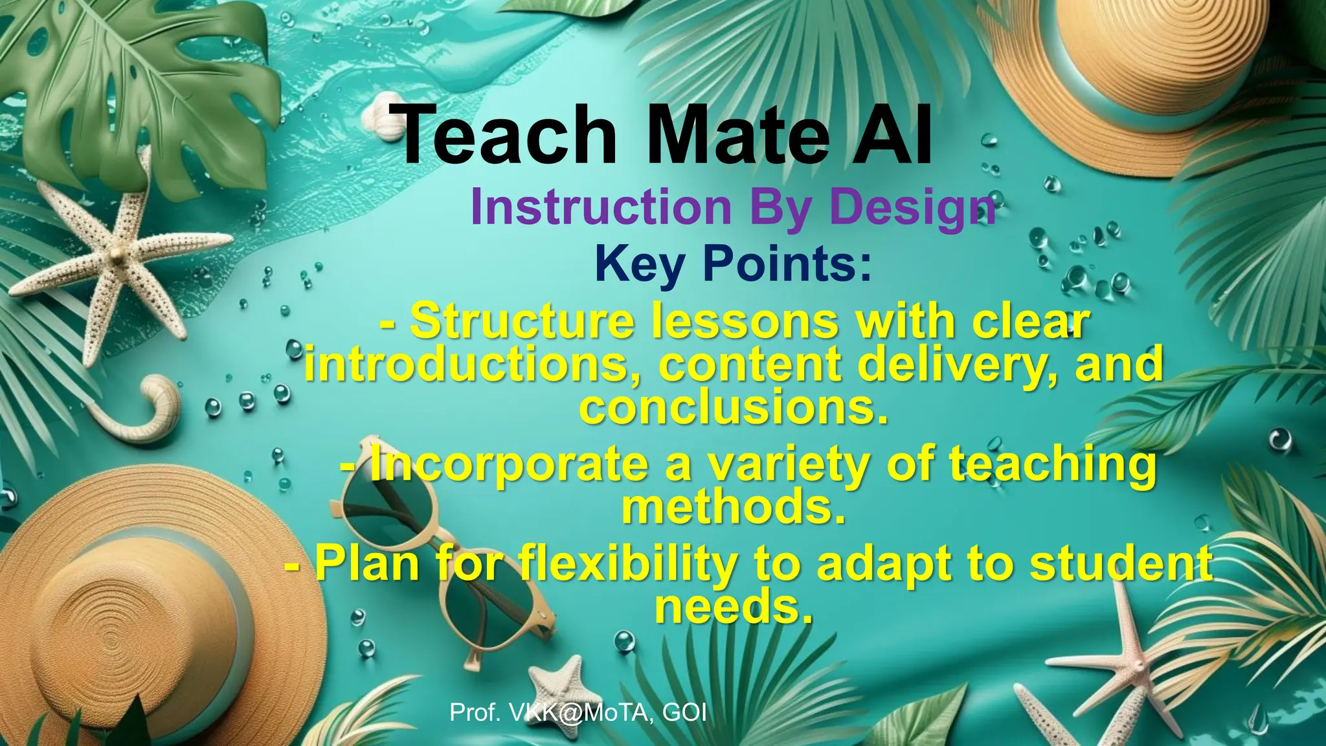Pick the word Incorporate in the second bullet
click(x=508, y=464)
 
